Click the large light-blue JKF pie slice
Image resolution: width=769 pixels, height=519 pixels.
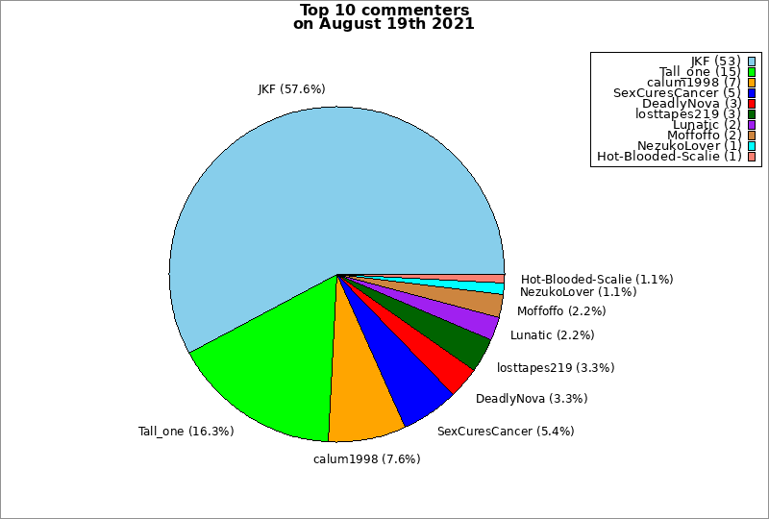tap(317, 192)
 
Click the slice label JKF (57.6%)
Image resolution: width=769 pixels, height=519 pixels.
tap(291, 89)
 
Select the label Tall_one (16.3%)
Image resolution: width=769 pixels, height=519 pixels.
tap(186, 432)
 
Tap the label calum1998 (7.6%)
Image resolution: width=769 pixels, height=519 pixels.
tap(366, 458)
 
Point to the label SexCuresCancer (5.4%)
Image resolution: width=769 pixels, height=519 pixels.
tap(506, 432)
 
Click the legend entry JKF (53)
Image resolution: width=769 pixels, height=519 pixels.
tap(715, 62)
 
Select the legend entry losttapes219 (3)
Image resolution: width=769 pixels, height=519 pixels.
tap(687, 114)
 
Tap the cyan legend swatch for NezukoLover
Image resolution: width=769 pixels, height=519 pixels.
tap(751, 146)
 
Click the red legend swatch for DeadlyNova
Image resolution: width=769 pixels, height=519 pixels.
tap(751, 104)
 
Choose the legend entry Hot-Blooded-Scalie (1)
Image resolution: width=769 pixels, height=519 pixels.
tap(668, 157)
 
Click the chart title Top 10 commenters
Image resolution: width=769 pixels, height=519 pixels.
tap(384, 11)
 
